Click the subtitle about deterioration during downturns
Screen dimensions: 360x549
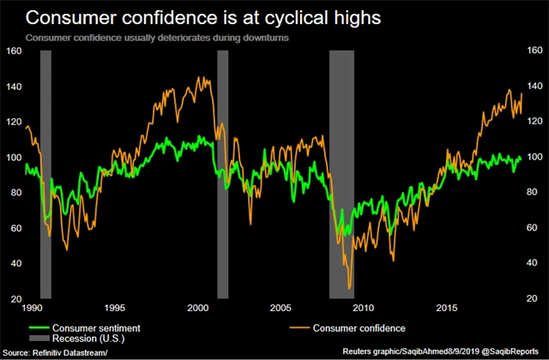(156, 39)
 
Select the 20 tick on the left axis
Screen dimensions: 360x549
(15, 299)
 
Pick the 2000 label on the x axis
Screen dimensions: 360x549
(197, 307)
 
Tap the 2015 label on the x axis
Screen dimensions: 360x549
(446, 307)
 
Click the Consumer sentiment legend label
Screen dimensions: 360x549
(96, 327)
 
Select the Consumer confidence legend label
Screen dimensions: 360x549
(359, 327)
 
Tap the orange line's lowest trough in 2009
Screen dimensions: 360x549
(350, 289)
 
